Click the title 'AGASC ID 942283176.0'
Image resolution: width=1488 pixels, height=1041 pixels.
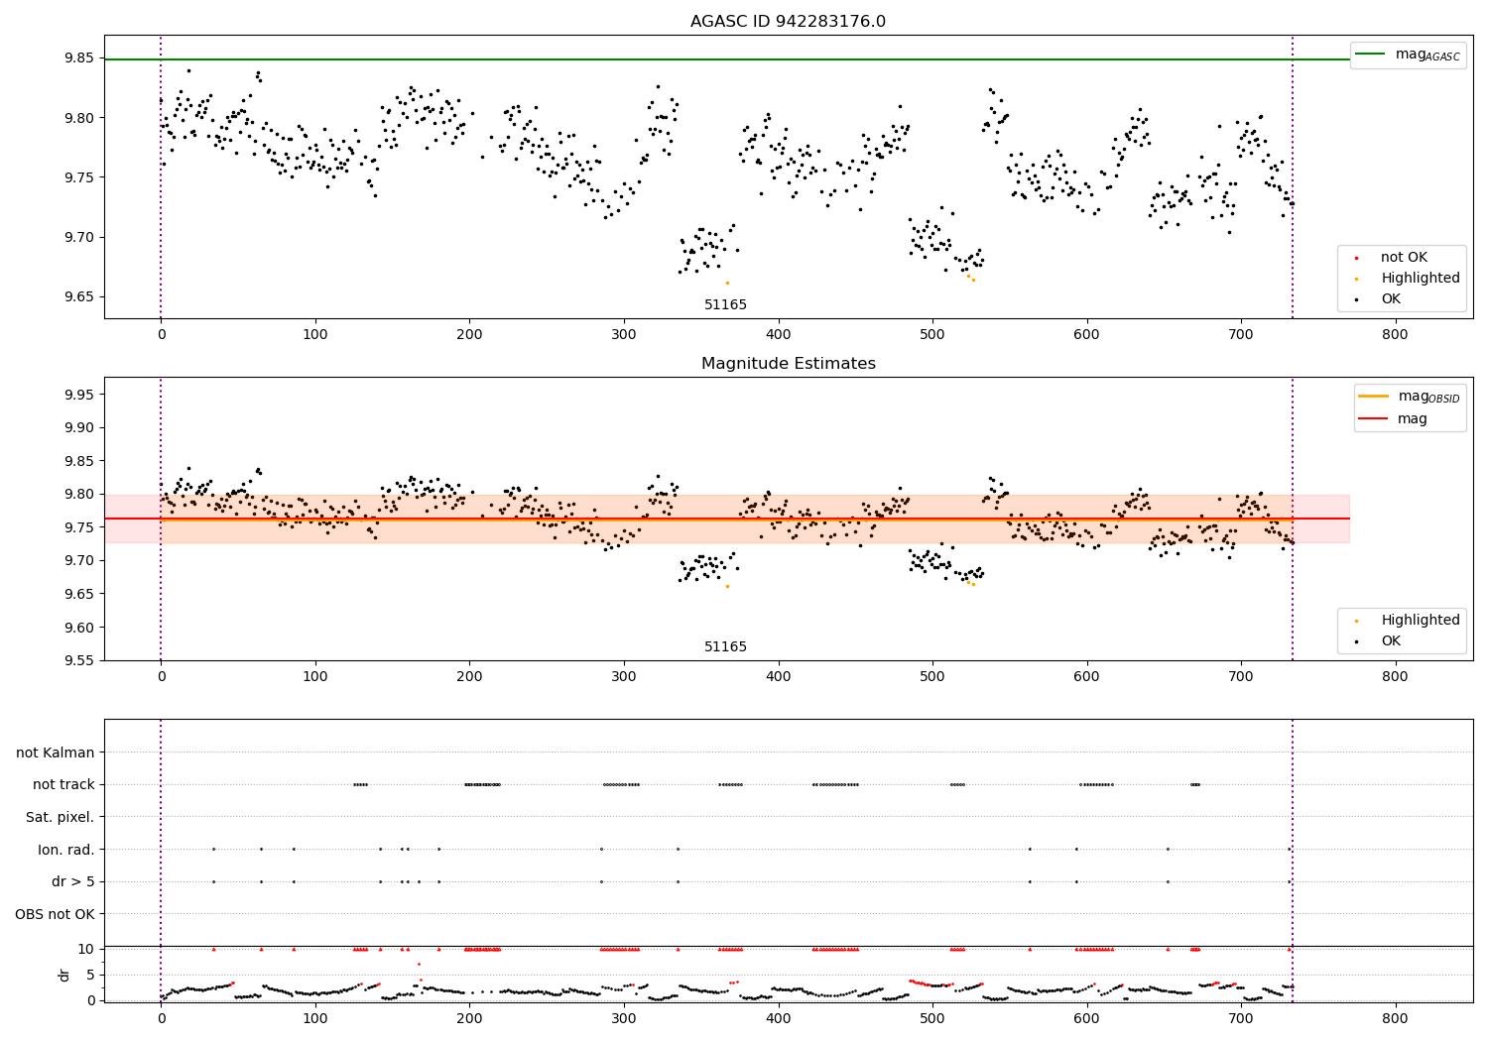(x=788, y=22)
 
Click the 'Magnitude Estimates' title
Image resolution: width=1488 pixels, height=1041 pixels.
(x=788, y=364)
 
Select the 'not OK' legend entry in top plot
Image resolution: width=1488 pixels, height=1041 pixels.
(x=1404, y=258)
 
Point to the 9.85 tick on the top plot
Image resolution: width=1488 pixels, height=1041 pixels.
(x=79, y=58)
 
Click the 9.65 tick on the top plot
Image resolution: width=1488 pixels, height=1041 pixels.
(x=79, y=296)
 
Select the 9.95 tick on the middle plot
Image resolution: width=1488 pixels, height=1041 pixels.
(x=79, y=395)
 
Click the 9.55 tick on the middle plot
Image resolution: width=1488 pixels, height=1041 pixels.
(x=79, y=660)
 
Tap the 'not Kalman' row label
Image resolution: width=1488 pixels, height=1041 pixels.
(x=56, y=752)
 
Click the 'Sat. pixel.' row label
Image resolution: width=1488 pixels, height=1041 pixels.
(x=61, y=817)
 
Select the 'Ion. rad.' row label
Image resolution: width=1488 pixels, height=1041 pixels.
(x=65, y=850)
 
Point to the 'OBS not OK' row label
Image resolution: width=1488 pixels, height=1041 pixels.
(x=55, y=914)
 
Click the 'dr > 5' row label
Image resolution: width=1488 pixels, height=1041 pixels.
(x=72, y=881)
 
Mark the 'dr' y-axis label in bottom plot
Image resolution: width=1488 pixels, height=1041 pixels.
(x=64, y=975)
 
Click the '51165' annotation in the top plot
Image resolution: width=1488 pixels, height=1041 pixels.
(x=725, y=305)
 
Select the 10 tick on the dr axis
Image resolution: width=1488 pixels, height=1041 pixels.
(x=86, y=949)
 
